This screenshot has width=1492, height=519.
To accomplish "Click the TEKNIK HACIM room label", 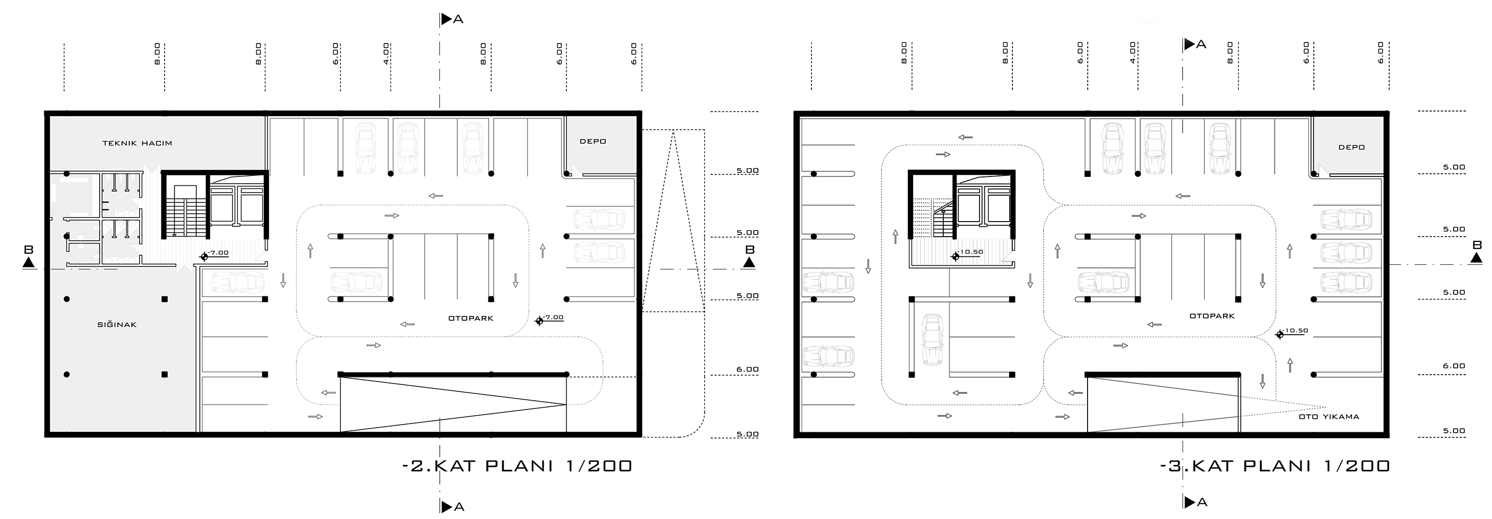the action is point(137,143).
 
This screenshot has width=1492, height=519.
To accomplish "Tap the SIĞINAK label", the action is point(117,324).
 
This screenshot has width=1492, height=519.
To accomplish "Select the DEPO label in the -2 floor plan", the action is point(593,141).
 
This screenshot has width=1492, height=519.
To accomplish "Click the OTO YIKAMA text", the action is point(1329,416).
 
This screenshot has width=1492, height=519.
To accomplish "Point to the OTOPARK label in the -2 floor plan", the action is point(471,318).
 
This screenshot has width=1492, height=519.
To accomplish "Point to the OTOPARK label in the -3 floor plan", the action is point(1212,316).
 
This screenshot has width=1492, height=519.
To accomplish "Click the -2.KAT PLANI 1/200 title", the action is point(517,466).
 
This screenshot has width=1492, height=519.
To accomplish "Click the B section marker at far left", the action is point(29,256).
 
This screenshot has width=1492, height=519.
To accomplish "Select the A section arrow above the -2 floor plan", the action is point(452,19).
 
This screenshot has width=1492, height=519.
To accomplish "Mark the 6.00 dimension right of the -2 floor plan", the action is point(747,369).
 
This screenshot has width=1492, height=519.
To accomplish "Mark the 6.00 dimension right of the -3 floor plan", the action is point(1454,365).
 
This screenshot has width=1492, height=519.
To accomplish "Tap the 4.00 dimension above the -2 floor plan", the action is point(386,53).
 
